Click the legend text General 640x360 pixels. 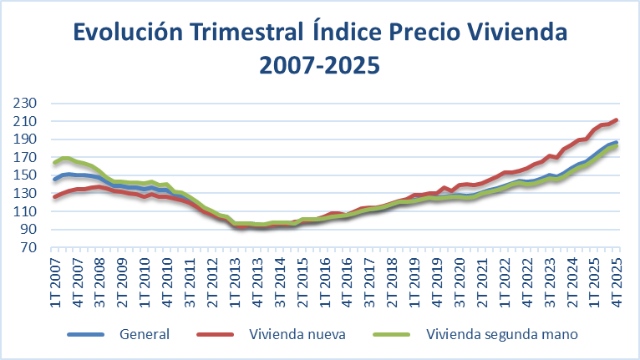[145, 334]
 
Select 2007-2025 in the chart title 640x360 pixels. [319, 64]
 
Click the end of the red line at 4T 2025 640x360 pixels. [617, 120]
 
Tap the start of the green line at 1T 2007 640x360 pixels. [55, 163]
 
